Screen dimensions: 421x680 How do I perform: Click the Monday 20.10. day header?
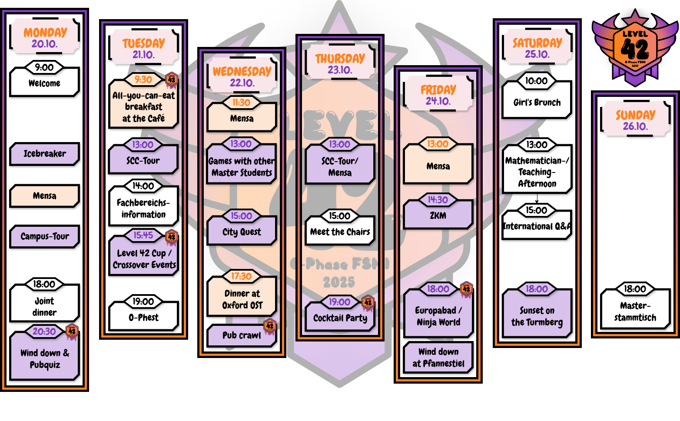(x=45, y=37)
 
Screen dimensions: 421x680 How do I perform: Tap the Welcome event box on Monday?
(x=44, y=83)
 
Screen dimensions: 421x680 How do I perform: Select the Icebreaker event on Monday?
(x=44, y=154)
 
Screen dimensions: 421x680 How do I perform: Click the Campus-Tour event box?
(x=44, y=236)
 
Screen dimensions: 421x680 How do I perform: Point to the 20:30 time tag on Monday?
(x=44, y=331)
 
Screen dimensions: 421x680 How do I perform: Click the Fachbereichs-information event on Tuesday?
(x=143, y=209)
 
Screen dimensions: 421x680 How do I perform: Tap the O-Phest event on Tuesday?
(x=143, y=318)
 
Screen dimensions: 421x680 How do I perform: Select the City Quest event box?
(x=242, y=232)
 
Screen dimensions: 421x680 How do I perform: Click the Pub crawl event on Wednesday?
(x=242, y=335)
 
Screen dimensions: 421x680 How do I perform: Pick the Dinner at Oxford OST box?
(x=242, y=299)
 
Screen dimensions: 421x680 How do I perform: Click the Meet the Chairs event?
(x=340, y=232)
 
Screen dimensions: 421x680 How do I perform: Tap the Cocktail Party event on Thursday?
(x=340, y=318)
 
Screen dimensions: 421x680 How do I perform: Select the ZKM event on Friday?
(x=438, y=216)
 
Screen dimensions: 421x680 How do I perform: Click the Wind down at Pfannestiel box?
(x=438, y=358)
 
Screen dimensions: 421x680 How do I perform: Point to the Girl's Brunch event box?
(x=537, y=103)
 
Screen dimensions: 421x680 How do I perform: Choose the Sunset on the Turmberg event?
(x=537, y=316)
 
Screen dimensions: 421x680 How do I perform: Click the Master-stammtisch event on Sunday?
(x=635, y=312)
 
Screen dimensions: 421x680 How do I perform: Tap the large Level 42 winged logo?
(x=635, y=48)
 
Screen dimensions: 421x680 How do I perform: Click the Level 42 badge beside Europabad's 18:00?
(x=466, y=289)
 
